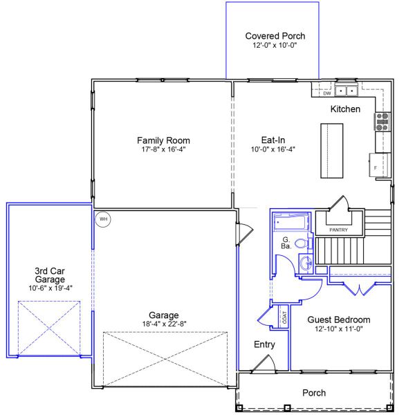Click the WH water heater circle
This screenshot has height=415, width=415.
pyautogui.click(x=103, y=219)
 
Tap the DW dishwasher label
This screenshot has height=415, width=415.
pyautogui.click(x=327, y=93)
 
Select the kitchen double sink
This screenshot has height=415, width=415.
pyautogui.click(x=347, y=91)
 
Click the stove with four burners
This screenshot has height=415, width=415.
pyautogui.click(x=382, y=122)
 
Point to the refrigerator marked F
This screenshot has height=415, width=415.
pyautogui.click(x=378, y=165)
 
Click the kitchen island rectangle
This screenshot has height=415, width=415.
pyautogui.click(x=332, y=151)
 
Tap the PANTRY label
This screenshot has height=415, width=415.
pyautogui.click(x=338, y=230)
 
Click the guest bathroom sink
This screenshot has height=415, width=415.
pyautogui.click(x=306, y=264)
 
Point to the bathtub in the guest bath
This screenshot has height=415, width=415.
pyautogui.click(x=291, y=222)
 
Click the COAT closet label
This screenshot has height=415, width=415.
pyautogui.click(x=284, y=317)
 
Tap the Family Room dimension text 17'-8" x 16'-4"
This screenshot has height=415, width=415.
pyautogui.click(x=163, y=149)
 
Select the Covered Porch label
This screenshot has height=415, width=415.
pyautogui.click(x=275, y=36)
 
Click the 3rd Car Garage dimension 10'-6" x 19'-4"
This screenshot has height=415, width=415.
pyautogui.click(x=50, y=288)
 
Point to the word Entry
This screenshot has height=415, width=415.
pyautogui.click(x=264, y=344)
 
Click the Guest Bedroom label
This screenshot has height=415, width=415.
pyautogui.click(x=339, y=320)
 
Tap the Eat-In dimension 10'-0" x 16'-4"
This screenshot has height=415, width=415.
pyautogui.click(x=273, y=149)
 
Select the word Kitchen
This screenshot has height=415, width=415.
pyautogui.click(x=345, y=109)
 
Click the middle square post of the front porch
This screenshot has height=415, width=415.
pyautogui.click(x=287, y=407)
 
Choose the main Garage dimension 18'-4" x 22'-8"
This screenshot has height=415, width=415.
pyautogui.click(x=164, y=324)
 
